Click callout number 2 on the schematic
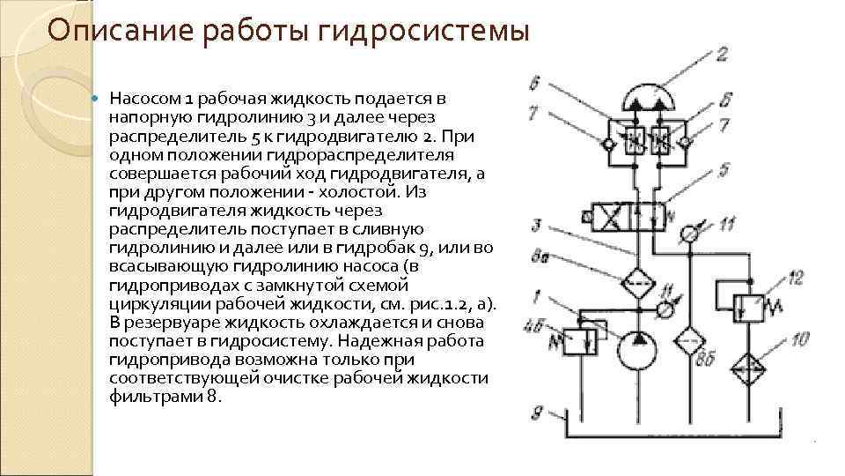tap(721, 55)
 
